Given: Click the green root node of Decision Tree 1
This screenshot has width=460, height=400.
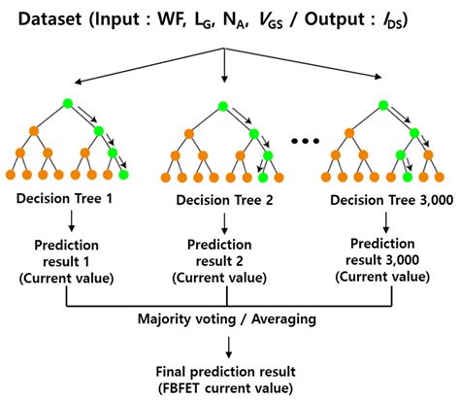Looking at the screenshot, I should pos(66,104).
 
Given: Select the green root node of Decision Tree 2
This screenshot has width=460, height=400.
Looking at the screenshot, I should pos(227,104).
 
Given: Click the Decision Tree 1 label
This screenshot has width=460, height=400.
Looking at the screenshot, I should pos(66,199).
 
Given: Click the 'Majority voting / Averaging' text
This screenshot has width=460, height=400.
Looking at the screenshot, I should pos(224,317).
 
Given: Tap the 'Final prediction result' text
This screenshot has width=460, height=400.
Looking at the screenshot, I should pos(224,370).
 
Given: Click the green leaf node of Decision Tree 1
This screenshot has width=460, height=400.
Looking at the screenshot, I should pos(123,175).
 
